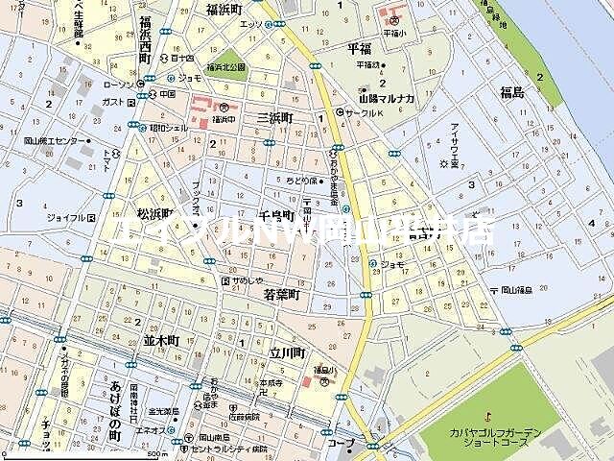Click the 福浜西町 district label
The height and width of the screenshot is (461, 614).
145,38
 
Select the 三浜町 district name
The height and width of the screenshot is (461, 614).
274,117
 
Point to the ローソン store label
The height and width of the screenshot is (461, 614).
119,85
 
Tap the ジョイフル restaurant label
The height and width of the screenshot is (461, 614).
65,218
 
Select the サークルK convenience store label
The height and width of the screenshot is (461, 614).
366,112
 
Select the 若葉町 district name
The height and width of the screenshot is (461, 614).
282,297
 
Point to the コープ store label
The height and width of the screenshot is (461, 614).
339,445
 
